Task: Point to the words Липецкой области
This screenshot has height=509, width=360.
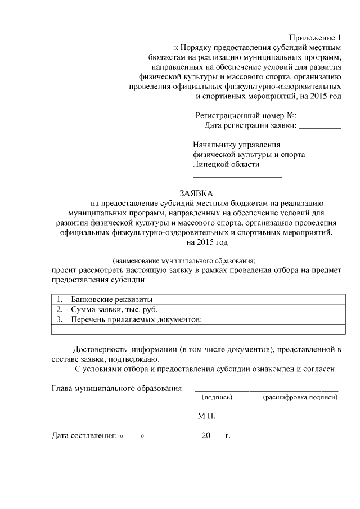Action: click(226, 164)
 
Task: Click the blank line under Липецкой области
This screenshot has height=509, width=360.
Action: click(237, 177)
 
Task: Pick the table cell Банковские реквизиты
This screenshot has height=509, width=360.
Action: click(111, 299)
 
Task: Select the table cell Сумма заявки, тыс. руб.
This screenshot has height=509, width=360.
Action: click(114, 310)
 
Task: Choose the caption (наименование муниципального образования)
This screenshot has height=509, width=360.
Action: click(184, 261)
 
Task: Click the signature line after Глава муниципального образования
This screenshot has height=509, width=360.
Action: click(266, 390)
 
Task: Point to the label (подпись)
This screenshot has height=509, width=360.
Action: click(217, 397)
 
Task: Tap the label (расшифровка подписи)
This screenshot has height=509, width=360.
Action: click(300, 397)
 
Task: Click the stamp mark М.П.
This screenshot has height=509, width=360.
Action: click(206, 417)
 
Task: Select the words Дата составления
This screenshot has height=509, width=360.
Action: click(83, 435)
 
